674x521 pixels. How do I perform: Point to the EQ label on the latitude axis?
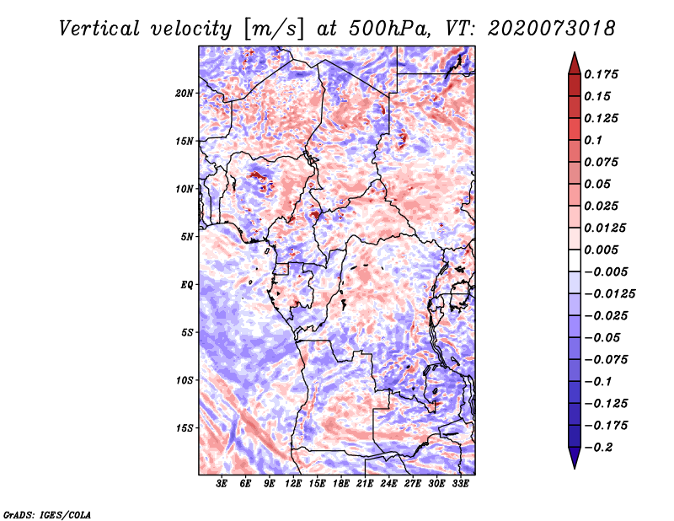tap(187, 284)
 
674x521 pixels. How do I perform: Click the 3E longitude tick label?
tap(222, 485)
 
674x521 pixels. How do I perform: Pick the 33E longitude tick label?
tap(461, 485)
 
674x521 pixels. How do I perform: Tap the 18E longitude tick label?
tap(341, 485)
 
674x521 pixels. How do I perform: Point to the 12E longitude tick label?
tap(293, 485)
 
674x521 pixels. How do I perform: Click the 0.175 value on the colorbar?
tap(604, 74)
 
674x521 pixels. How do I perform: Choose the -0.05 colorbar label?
tap(607, 337)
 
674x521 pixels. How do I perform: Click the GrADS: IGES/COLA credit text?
tap(46, 513)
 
